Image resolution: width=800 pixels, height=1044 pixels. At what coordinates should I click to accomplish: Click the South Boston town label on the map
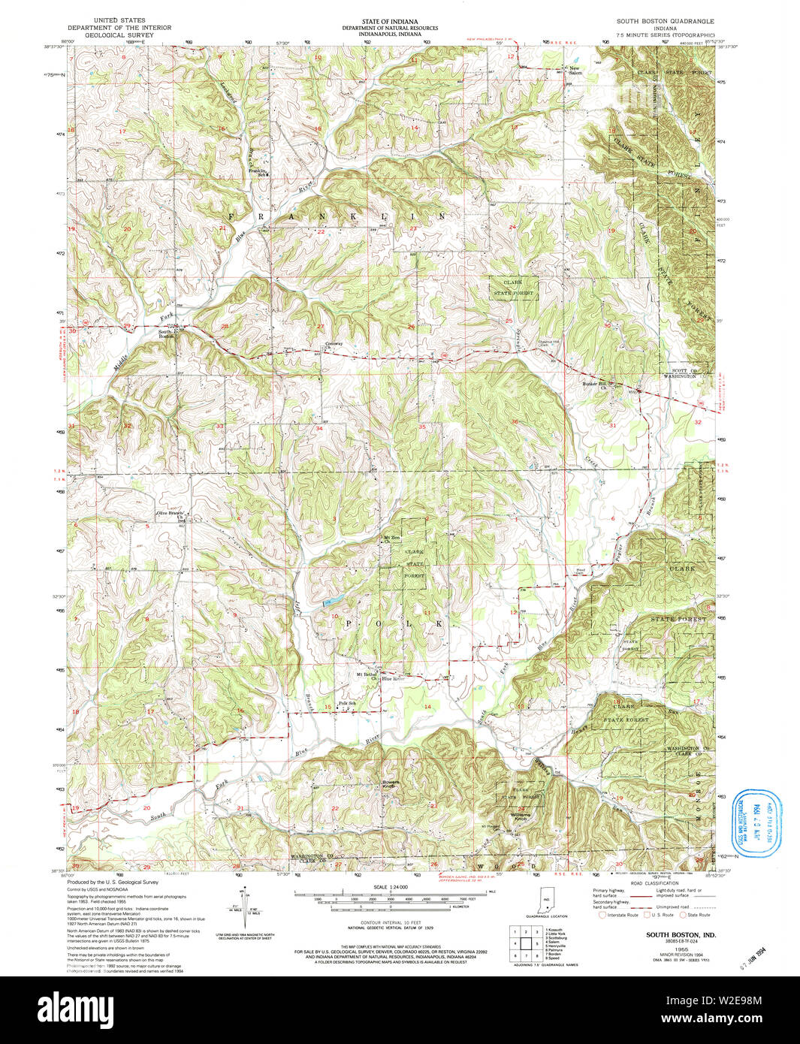(x=166, y=334)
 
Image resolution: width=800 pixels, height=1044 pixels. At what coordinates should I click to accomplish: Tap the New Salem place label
(x=575, y=71)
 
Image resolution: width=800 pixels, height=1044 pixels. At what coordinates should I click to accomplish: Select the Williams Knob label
(x=520, y=816)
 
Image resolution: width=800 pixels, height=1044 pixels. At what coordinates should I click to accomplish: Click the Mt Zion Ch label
(x=392, y=539)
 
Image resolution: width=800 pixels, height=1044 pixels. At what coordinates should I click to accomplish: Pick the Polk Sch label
(x=347, y=704)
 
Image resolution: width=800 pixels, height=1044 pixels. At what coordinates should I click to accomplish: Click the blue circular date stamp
(x=756, y=825)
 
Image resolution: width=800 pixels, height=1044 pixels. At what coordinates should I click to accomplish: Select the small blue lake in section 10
(x=328, y=602)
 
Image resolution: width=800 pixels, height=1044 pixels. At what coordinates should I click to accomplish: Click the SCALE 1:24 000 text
(x=391, y=887)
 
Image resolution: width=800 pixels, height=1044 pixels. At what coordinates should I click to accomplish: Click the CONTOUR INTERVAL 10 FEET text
(x=391, y=922)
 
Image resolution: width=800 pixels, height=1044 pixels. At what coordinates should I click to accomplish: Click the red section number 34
(x=319, y=429)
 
